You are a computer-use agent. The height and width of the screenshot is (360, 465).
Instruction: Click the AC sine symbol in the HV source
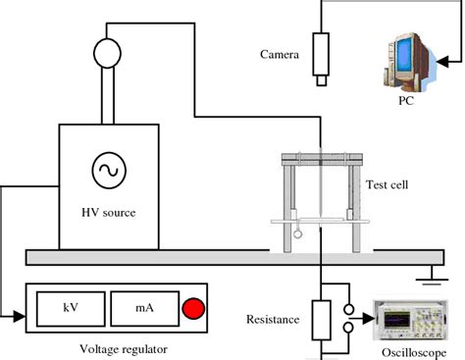pyautogui.click(x=105, y=171)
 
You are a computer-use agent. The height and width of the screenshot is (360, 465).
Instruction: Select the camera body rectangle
pyautogui.click(x=321, y=56)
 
